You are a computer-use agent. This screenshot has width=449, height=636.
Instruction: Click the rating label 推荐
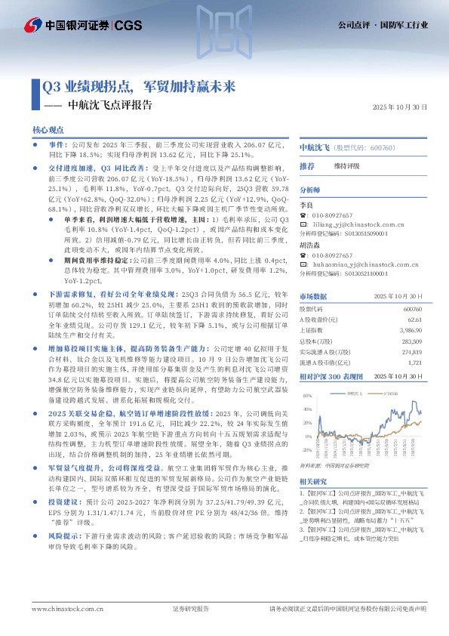coord(307,165)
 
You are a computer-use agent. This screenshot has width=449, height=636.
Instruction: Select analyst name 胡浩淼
coord(310,245)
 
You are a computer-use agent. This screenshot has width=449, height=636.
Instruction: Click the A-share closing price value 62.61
coord(411,320)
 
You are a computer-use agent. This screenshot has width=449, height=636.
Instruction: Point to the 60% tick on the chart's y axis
coord(307,395)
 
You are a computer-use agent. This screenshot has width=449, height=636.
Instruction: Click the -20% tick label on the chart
coord(306,451)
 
